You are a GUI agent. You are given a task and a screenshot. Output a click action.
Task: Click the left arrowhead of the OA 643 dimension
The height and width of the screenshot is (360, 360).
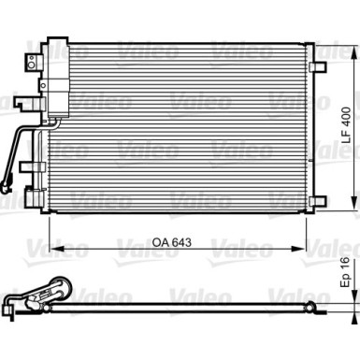53,250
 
